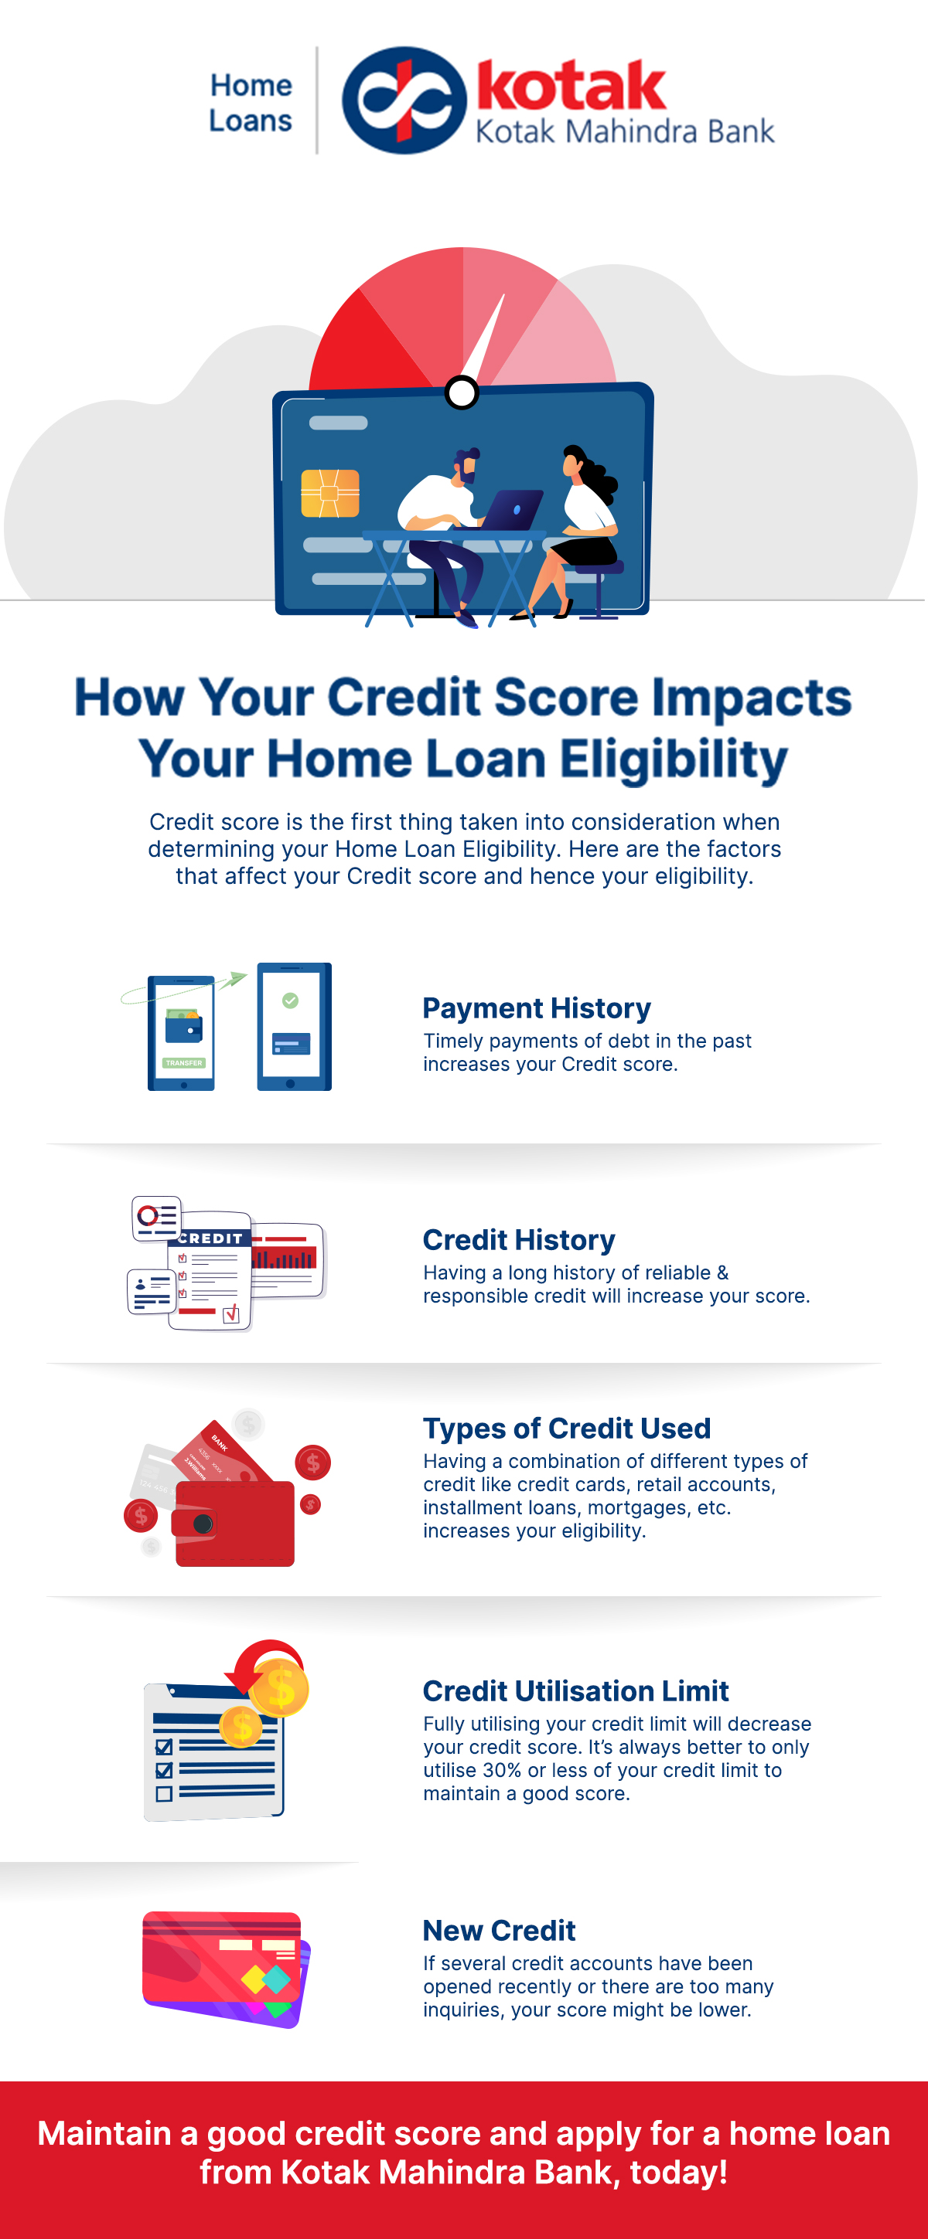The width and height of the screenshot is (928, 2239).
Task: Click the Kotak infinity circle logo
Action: (403, 100)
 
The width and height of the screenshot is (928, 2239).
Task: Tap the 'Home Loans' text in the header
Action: (251, 103)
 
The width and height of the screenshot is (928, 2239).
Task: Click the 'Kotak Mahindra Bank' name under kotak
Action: (624, 132)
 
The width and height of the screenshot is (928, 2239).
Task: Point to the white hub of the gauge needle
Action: (462, 392)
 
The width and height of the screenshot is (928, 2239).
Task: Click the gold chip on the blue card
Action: (329, 493)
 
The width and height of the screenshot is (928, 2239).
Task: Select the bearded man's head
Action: (467, 466)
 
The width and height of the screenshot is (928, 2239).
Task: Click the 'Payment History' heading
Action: (537, 1008)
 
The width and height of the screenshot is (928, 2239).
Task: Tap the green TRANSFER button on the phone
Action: (183, 1062)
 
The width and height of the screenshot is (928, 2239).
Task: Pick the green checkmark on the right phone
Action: (291, 1001)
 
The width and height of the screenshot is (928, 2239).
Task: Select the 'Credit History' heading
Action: (518, 1239)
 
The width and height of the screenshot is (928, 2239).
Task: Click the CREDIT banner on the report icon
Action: (211, 1238)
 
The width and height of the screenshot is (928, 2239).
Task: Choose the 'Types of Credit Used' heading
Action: (566, 1428)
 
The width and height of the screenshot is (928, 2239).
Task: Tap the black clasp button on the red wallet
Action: (203, 1524)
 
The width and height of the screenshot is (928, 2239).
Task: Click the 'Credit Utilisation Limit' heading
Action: (575, 1690)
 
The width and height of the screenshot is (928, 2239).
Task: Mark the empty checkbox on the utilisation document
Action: (163, 1793)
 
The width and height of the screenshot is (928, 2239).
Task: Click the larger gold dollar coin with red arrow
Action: (279, 1689)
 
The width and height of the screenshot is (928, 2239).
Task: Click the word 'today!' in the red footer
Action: (678, 2172)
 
